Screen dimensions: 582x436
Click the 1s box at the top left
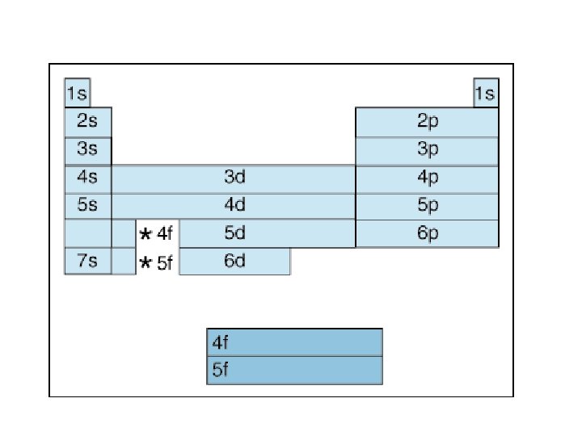pos(77,93)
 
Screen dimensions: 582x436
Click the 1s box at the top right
pos(485,93)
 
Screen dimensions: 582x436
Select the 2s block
pos(88,122)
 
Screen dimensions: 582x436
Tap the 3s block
pos(88,150)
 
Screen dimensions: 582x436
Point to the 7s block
pos(88,262)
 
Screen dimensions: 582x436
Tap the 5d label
pos(234,233)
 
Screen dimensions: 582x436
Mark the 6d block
pos(234,262)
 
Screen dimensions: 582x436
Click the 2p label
pos(428,122)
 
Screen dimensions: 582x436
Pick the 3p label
pos(428,150)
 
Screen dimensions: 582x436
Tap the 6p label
pos(428,233)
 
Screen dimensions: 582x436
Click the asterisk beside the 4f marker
pos(145,235)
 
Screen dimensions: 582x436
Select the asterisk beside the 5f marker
pos(145,262)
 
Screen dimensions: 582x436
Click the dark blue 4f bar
pos(294,342)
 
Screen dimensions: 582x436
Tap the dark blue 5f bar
pos(294,371)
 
